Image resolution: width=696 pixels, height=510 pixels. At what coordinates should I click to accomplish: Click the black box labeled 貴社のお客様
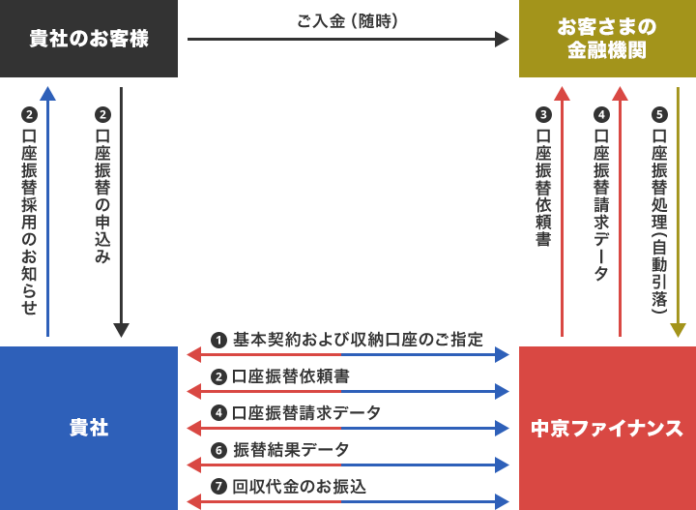coord(89,39)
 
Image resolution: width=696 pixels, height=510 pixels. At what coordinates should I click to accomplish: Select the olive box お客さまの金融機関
coord(607,39)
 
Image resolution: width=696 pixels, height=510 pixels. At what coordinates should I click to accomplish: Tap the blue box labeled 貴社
coord(89,429)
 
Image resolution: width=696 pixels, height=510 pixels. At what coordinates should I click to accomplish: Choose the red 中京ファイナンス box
coord(607,429)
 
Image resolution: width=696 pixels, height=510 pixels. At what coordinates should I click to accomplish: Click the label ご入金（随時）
coord(348,21)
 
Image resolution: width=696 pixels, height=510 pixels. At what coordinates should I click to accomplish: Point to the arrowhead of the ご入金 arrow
coord(502,39)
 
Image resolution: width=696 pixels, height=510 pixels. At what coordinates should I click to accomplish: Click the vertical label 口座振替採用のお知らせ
coord(29,223)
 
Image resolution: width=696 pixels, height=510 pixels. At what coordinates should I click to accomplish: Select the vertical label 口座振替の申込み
coord(102,195)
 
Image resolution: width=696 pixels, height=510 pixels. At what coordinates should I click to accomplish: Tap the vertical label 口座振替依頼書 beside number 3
coord(543,188)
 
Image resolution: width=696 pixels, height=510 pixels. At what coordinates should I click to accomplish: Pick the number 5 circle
coord(659,115)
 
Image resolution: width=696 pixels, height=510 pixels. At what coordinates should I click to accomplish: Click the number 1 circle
coord(218,341)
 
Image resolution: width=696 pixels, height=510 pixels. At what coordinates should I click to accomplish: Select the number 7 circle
coord(218,487)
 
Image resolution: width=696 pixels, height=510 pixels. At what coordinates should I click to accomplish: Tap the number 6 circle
coord(218,450)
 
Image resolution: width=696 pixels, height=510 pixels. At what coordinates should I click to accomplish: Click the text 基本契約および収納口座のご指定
coord(358,340)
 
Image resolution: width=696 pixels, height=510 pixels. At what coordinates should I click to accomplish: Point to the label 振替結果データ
coord(291,450)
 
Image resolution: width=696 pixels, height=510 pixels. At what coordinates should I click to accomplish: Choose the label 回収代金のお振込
coord(299,487)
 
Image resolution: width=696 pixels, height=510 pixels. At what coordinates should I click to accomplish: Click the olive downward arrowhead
coord(678,331)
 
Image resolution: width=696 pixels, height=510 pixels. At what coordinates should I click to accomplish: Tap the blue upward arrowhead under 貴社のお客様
coord(48,93)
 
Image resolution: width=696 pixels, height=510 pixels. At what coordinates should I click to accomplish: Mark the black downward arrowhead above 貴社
coord(121,331)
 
